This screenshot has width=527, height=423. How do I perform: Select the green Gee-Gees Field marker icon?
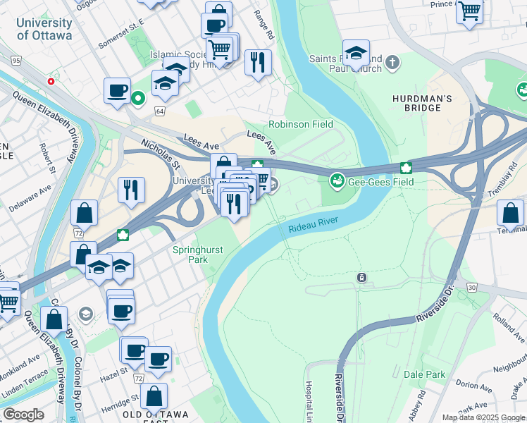337,181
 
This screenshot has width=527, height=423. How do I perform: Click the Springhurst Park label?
191,255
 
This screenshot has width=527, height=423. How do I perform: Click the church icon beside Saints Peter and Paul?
392,63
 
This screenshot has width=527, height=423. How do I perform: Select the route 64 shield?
160,111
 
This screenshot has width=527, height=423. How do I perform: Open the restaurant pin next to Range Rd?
258,63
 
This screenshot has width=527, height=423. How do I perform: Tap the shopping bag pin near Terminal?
509,213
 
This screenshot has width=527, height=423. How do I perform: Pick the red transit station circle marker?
51,82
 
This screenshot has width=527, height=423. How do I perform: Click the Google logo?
23,415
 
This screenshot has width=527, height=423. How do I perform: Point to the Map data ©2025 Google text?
483,417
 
